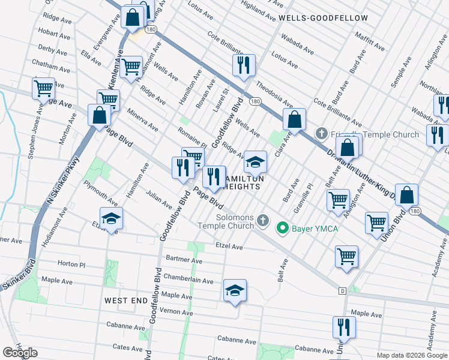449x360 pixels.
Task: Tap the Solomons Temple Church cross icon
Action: tap(262, 221)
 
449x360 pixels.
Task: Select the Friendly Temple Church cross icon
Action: tap(321, 134)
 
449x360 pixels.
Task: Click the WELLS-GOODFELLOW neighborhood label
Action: tap(323, 18)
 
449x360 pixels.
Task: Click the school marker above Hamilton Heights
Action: tap(255, 162)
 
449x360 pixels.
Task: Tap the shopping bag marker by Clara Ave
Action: tap(295, 119)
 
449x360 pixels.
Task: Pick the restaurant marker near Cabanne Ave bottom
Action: tap(344, 328)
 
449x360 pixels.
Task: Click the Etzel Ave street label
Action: tap(229, 247)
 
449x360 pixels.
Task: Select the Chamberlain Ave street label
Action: tap(188, 280)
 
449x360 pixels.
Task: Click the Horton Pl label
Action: tap(71, 264)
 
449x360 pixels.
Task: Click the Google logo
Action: tap(20, 353)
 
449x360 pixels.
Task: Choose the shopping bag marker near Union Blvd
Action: tap(406, 195)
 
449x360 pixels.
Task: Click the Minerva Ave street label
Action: tap(142, 120)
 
